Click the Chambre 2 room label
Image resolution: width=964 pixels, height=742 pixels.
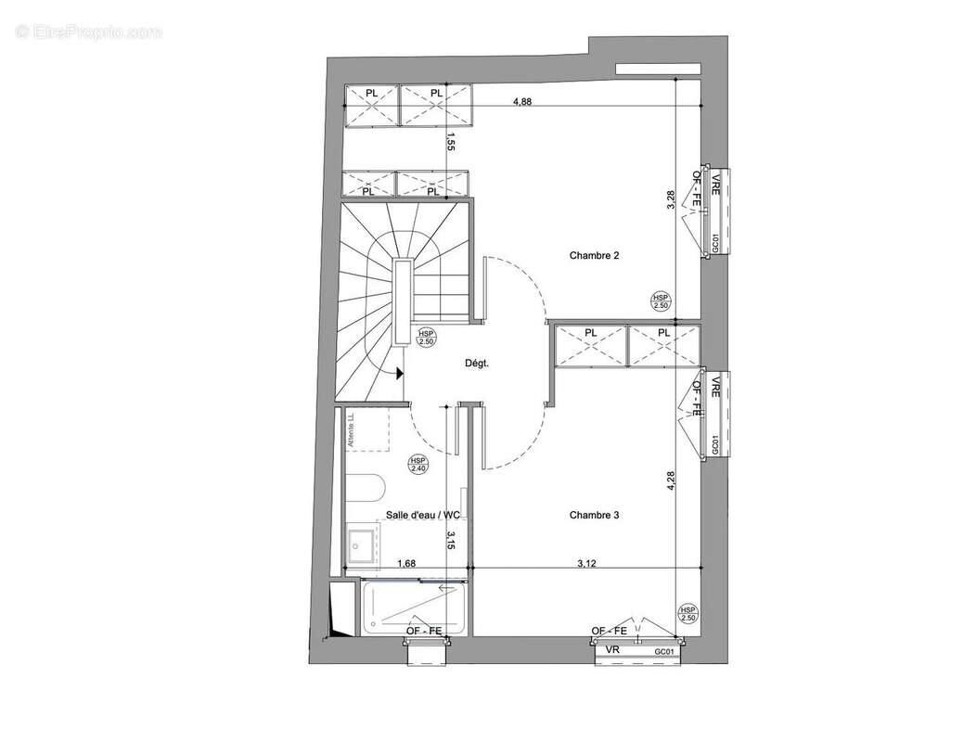click(x=594, y=256)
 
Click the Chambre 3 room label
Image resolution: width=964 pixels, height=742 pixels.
click(x=594, y=516)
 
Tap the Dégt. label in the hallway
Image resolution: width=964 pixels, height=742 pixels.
click(x=477, y=365)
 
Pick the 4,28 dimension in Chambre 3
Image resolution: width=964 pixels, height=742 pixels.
click(x=671, y=487)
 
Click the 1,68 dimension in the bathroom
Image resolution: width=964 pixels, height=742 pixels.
click(x=405, y=563)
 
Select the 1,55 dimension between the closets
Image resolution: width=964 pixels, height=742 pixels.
click(x=450, y=142)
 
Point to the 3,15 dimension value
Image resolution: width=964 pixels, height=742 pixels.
click(x=450, y=541)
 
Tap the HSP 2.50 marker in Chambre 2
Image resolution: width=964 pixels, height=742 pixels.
click(x=661, y=301)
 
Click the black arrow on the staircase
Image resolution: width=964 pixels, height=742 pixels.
click(x=398, y=374)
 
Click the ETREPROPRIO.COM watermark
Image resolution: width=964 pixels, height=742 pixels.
click(x=88, y=32)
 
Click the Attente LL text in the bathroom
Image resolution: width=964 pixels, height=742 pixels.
click(x=352, y=432)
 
